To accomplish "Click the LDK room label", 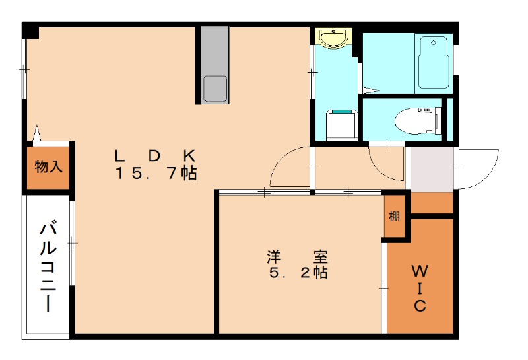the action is tap(155, 156).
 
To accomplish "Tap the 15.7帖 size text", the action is tap(156, 173).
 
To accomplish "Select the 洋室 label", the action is tap(297, 257).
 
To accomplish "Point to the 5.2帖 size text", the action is tap(298, 272).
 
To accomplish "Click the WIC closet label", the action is tap(420, 288).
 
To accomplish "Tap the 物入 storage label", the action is tap(48, 166).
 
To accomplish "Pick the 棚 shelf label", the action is tap(394, 216).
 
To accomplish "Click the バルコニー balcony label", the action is tap(48, 266).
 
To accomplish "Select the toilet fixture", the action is tap(418, 120).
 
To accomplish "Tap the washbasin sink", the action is tap(334, 38).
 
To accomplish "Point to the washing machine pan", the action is tap(341, 124).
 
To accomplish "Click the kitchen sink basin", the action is tap(215, 89).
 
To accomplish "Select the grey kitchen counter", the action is tap(215, 65).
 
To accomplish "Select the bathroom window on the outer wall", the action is tap(455, 60).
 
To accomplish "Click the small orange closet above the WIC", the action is tap(432, 203).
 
